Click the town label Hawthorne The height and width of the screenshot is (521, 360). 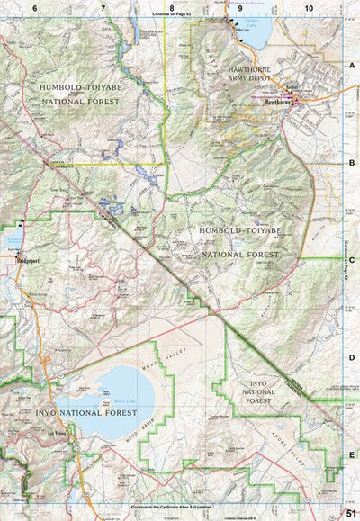pos(277,102)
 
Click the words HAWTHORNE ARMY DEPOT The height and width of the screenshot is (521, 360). pos(257,74)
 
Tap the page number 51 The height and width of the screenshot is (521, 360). pos(351,513)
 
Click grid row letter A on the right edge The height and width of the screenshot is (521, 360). pos(352,65)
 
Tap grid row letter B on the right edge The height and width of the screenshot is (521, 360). pos(352,163)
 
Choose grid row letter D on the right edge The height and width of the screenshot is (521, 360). pos(352,357)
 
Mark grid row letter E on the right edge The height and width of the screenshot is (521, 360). pos(352,454)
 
